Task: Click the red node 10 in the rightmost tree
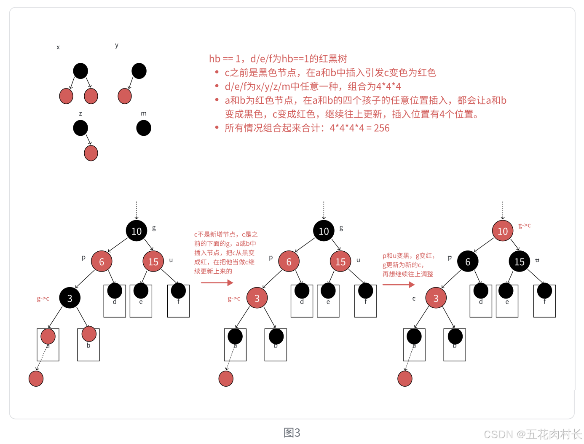(x=502, y=231)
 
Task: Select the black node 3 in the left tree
(x=70, y=298)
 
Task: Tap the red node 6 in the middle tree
(x=289, y=261)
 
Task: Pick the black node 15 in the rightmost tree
(x=519, y=261)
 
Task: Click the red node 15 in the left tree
(x=153, y=261)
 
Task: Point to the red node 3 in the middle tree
(x=257, y=298)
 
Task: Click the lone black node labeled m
(x=144, y=128)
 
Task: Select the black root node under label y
(x=139, y=71)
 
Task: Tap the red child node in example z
(x=91, y=153)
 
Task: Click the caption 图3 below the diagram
(x=292, y=433)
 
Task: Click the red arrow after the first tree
(x=217, y=283)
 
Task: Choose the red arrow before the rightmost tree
(x=399, y=285)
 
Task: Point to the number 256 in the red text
(x=381, y=128)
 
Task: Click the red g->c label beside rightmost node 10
(x=524, y=226)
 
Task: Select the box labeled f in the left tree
(x=178, y=301)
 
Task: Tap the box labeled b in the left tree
(x=88, y=344)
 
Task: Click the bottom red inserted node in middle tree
(x=226, y=379)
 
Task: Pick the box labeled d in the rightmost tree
(x=481, y=301)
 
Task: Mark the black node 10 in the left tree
(x=136, y=231)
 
